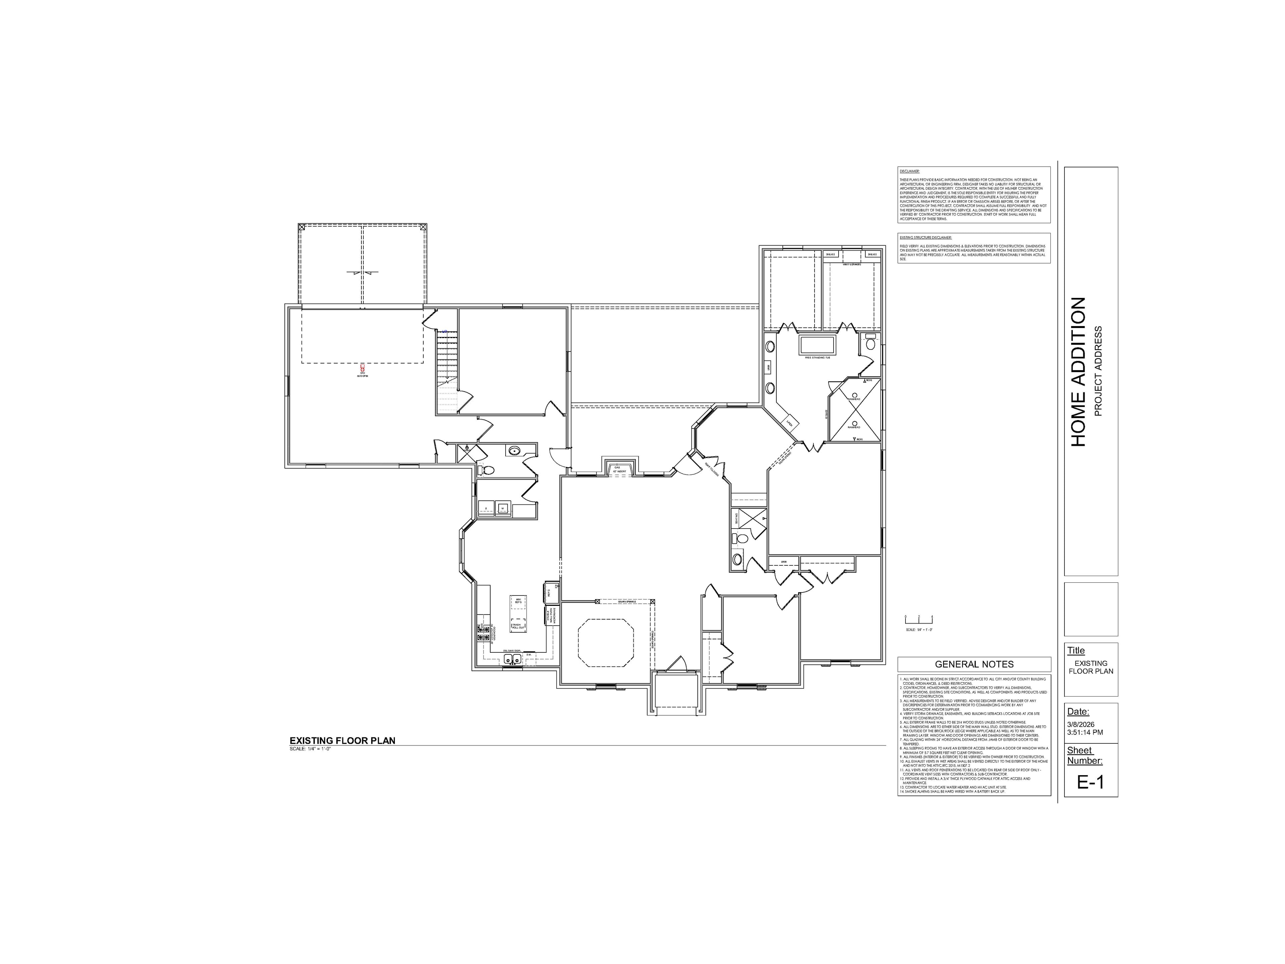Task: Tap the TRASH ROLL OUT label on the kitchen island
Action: tap(518, 626)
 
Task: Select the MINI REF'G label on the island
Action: tap(518, 601)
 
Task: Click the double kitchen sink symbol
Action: tap(512, 658)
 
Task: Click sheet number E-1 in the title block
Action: tap(1090, 782)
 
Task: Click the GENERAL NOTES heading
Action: tap(974, 664)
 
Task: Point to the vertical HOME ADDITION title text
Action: tap(1078, 372)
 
